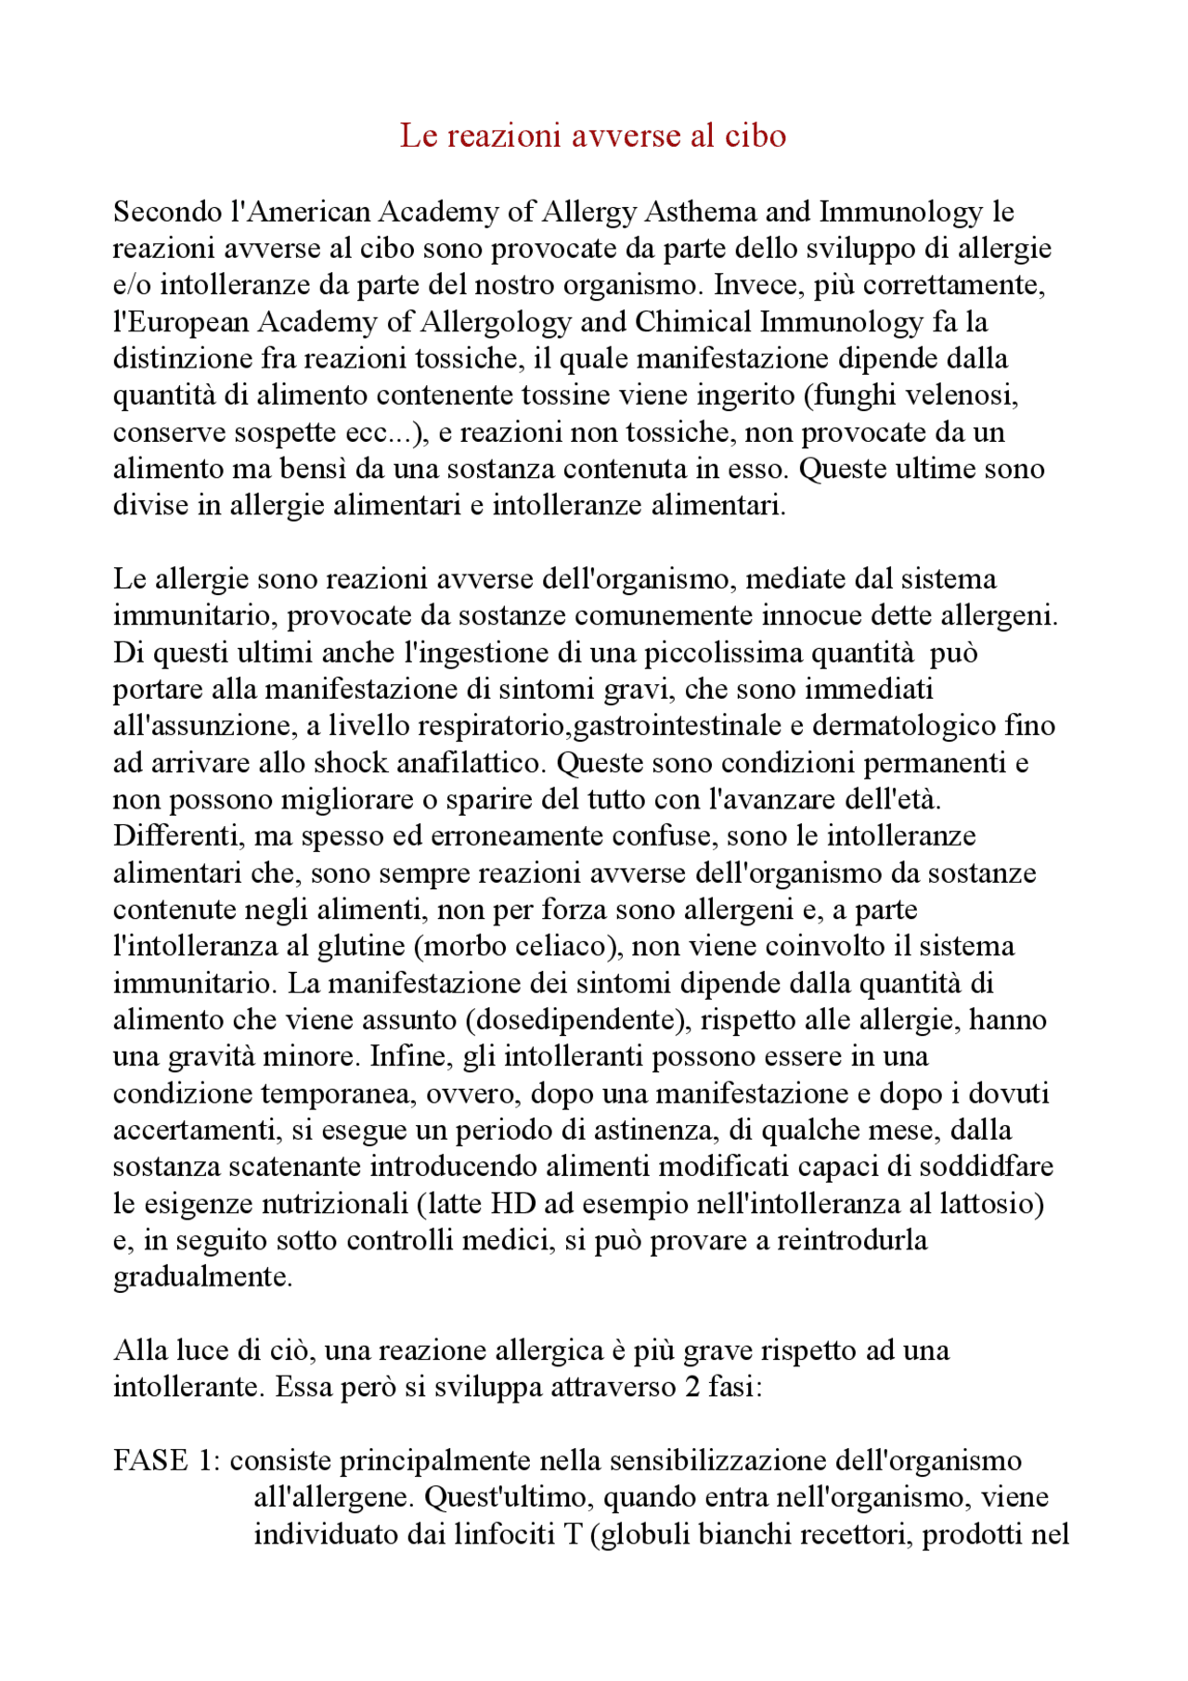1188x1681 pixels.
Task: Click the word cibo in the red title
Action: (x=755, y=136)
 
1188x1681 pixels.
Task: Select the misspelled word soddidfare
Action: (x=989, y=1167)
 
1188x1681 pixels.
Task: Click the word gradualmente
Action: (x=202, y=1277)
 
